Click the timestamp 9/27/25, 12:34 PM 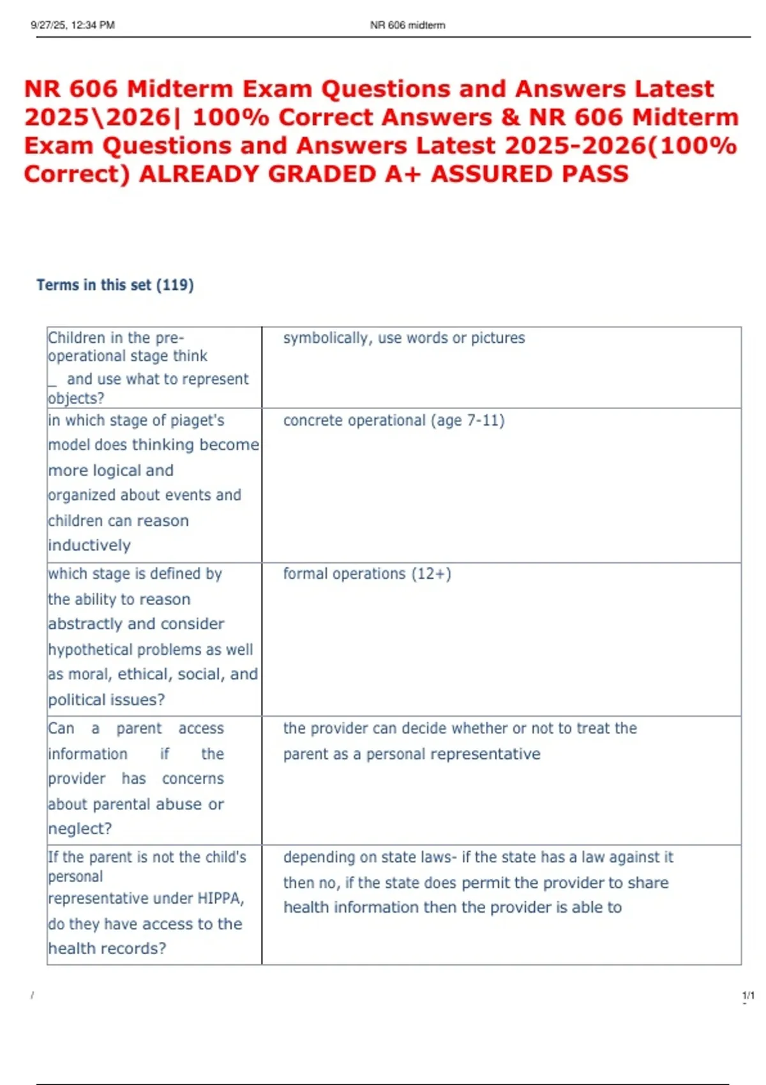pos(73,26)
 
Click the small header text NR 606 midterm pos(408,26)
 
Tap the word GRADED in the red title pos(322,174)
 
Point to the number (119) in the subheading pos(175,285)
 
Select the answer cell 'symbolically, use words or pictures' pos(404,338)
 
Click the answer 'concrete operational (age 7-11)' pos(394,421)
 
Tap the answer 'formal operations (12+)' pos(367,574)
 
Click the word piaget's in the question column pos(198,421)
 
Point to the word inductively pos(89,546)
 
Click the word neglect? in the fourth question pos(80,829)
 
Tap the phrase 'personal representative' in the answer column pos(453,754)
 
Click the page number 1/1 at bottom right pos(748,996)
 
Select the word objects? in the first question pos(76,398)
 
